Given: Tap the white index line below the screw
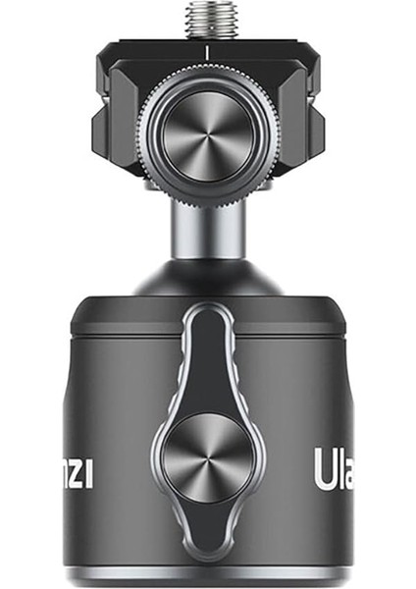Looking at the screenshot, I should pos(208,46).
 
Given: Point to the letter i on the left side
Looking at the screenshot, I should pos(89,472).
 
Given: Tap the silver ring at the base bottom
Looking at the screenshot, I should pos(208,576).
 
